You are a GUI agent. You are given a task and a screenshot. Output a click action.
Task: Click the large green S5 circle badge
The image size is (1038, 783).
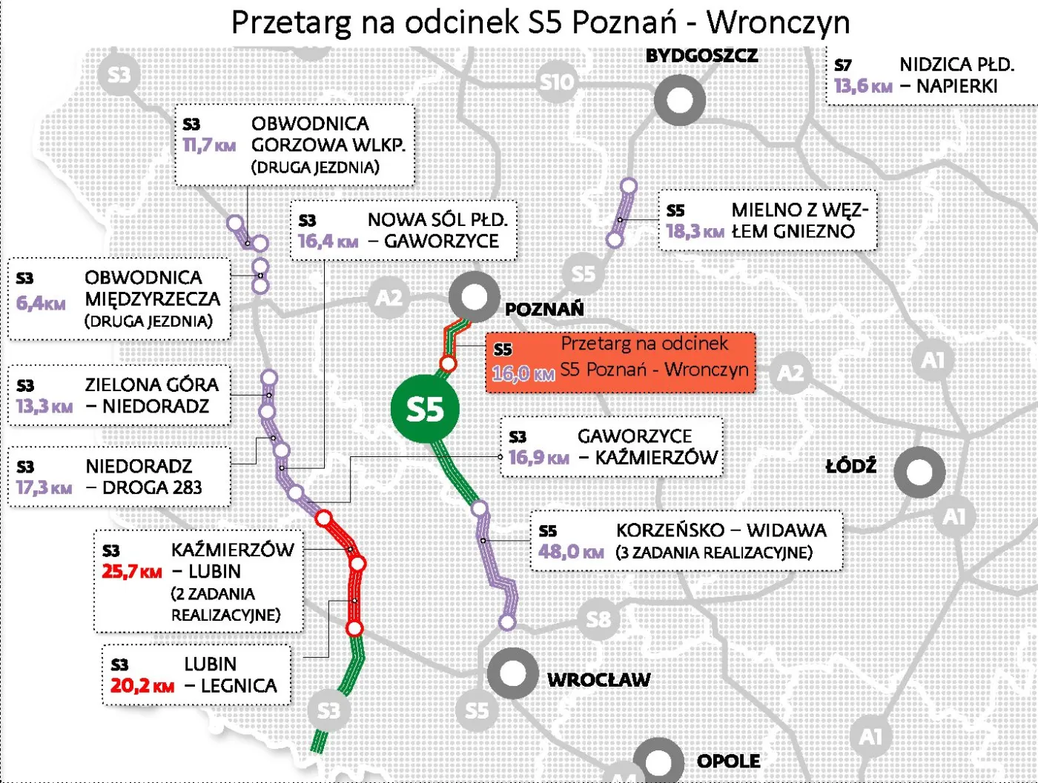point(425,409)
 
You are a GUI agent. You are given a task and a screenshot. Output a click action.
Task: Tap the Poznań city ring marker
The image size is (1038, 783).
point(474,297)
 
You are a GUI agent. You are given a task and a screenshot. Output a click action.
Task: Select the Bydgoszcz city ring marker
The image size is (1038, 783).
point(679,100)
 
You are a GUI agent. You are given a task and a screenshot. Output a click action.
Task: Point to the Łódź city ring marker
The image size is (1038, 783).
point(919,472)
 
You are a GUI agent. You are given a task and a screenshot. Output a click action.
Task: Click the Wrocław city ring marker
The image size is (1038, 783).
point(512,673)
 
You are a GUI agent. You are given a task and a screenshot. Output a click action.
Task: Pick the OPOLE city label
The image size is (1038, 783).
point(728,761)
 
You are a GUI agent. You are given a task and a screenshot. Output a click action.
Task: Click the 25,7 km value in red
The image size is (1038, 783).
point(131,572)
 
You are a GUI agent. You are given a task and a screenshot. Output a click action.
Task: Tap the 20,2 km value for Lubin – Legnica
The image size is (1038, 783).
point(142,686)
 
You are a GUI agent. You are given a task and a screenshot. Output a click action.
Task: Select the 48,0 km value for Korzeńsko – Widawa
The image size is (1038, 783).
point(571,552)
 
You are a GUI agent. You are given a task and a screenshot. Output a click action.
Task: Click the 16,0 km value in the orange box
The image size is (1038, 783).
point(523,373)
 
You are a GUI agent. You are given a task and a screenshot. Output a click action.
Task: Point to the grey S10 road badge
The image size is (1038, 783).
point(557,81)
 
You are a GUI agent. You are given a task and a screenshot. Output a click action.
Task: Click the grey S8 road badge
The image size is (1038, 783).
point(598,618)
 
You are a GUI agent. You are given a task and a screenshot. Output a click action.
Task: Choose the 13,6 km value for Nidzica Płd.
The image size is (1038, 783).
point(862,87)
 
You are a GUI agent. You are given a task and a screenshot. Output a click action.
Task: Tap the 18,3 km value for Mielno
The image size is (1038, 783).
point(694,231)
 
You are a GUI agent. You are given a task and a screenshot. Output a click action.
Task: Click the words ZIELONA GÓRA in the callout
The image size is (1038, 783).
point(152,384)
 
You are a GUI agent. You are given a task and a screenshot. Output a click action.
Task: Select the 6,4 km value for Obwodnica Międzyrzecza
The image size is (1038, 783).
point(41,303)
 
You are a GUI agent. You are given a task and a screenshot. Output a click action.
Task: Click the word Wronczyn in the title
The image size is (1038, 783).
point(778,22)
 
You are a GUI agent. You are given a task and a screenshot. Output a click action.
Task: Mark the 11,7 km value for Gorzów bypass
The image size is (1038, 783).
point(209,145)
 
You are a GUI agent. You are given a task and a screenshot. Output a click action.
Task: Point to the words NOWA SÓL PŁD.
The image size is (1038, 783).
point(437,219)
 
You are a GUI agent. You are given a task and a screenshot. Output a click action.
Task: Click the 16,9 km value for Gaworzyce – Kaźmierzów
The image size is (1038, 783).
point(538,457)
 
